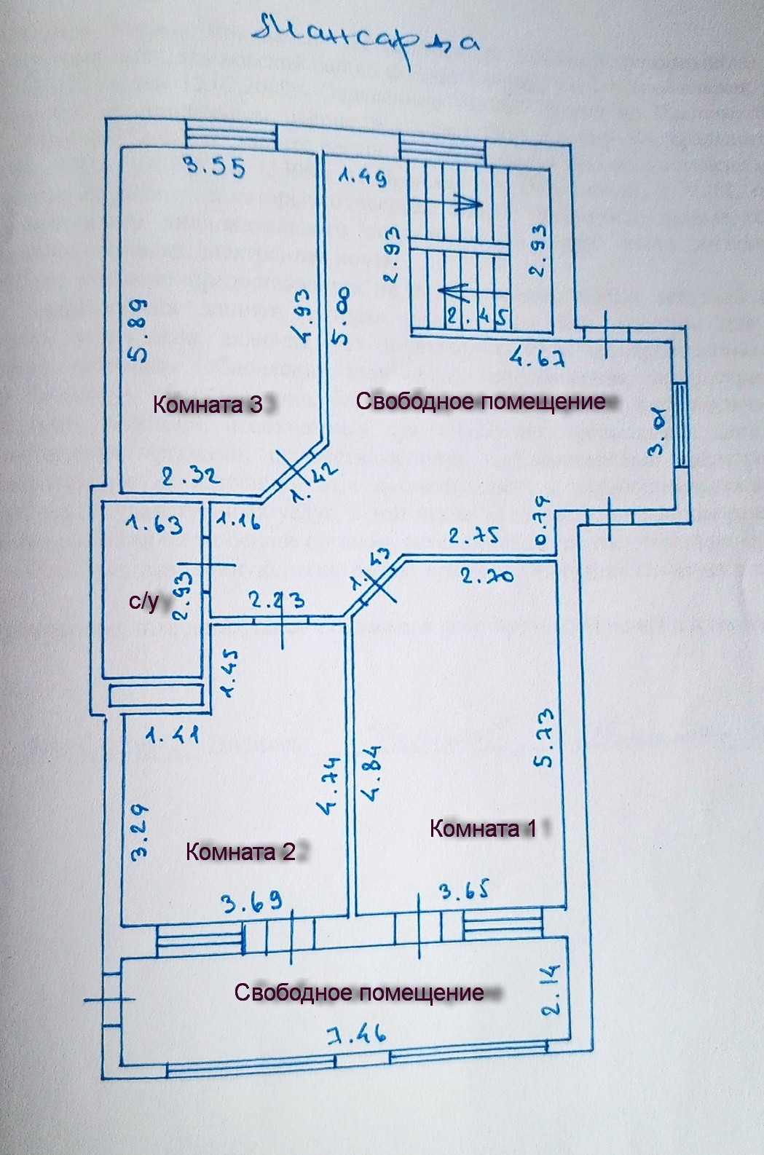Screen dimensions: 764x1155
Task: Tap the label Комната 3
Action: (208, 404)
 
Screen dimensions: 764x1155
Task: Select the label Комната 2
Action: (241, 851)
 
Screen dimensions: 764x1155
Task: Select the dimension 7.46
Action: (355, 1034)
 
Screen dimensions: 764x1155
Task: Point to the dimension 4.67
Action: (538, 358)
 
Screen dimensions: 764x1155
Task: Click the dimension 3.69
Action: (252, 904)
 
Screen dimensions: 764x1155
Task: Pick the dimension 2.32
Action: (190, 477)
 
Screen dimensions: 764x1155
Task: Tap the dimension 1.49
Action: (362, 177)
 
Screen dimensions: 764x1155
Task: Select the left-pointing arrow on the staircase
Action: (452, 291)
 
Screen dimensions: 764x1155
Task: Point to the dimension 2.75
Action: (474, 536)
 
